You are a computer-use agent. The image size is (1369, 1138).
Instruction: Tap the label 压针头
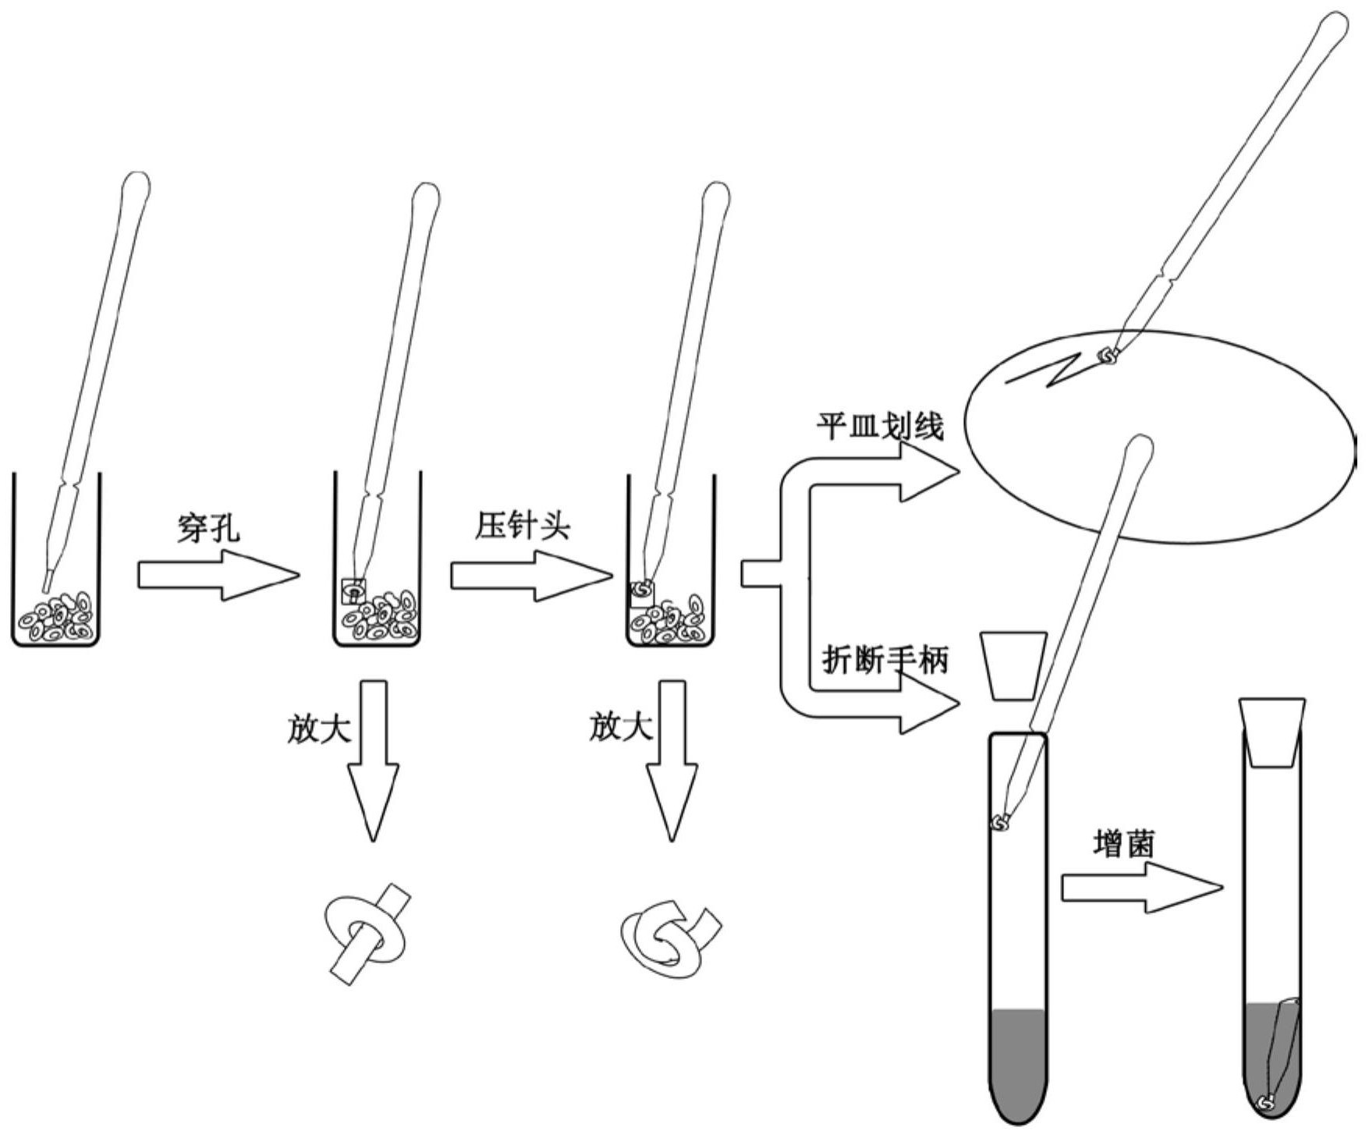coord(523,527)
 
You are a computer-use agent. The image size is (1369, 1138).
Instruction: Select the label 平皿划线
coord(880,427)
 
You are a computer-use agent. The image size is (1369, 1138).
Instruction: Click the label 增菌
coord(1123,845)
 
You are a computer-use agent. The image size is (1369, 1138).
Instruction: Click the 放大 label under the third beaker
coord(621,728)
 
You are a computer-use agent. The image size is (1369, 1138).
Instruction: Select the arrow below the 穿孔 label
coord(218,576)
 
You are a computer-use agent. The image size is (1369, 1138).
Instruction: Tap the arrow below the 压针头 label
coord(530,576)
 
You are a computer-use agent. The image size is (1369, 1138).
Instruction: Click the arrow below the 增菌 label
coord(1141,888)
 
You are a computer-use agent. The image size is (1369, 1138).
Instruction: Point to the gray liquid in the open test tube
coord(1017,1061)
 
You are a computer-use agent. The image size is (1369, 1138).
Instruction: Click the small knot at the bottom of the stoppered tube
coord(1268,1102)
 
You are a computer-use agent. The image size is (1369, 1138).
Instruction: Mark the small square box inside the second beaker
coord(353,590)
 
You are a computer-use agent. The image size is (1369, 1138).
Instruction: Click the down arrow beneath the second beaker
coord(373,760)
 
